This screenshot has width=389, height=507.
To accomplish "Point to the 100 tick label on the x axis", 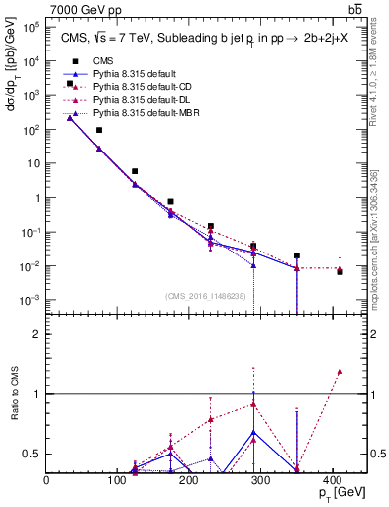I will tap(124, 479).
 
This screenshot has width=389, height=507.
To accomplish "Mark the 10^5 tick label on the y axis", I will tap(31, 27).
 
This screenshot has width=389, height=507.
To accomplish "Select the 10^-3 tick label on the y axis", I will tap(31, 300).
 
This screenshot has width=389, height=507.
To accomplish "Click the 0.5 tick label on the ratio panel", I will tap(31, 454).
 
